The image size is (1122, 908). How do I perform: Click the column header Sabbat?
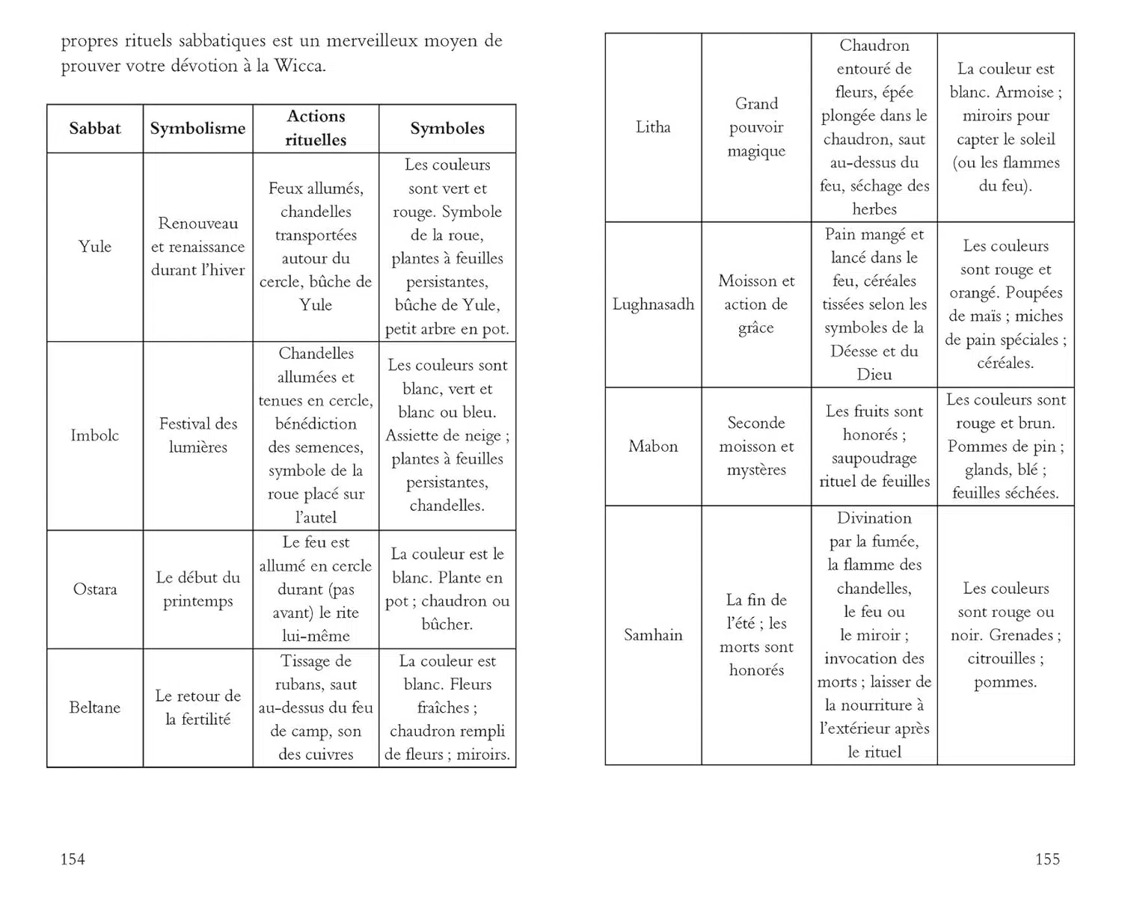click(x=95, y=128)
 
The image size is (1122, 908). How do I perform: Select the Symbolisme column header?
click(x=197, y=128)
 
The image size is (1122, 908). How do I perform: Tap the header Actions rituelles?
click(x=316, y=128)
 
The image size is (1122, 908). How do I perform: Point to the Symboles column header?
click(x=447, y=128)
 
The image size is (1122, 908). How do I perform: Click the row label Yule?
click(x=95, y=246)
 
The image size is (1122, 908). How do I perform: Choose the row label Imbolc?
click(x=95, y=435)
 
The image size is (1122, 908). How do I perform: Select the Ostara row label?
click(x=95, y=589)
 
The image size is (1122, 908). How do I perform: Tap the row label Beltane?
click(x=95, y=708)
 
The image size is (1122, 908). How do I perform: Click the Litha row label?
click(x=653, y=127)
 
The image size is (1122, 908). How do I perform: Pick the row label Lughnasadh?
click(x=653, y=304)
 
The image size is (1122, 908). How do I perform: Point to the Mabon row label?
click(x=653, y=447)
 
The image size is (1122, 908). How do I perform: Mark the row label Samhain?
click(x=653, y=635)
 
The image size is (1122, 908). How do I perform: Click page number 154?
click(x=73, y=859)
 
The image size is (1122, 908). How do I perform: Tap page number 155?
click(x=1047, y=859)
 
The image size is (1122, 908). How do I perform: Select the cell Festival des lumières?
click(x=198, y=435)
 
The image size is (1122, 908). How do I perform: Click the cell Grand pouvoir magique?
click(x=756, y=127)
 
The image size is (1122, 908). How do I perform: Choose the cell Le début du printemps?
click(x=198, y=589)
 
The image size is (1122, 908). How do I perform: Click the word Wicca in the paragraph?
click(x=299, y=66)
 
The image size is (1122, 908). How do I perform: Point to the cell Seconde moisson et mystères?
click(x=756, y=447)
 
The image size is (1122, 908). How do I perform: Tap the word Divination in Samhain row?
click(x=874, y=518)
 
